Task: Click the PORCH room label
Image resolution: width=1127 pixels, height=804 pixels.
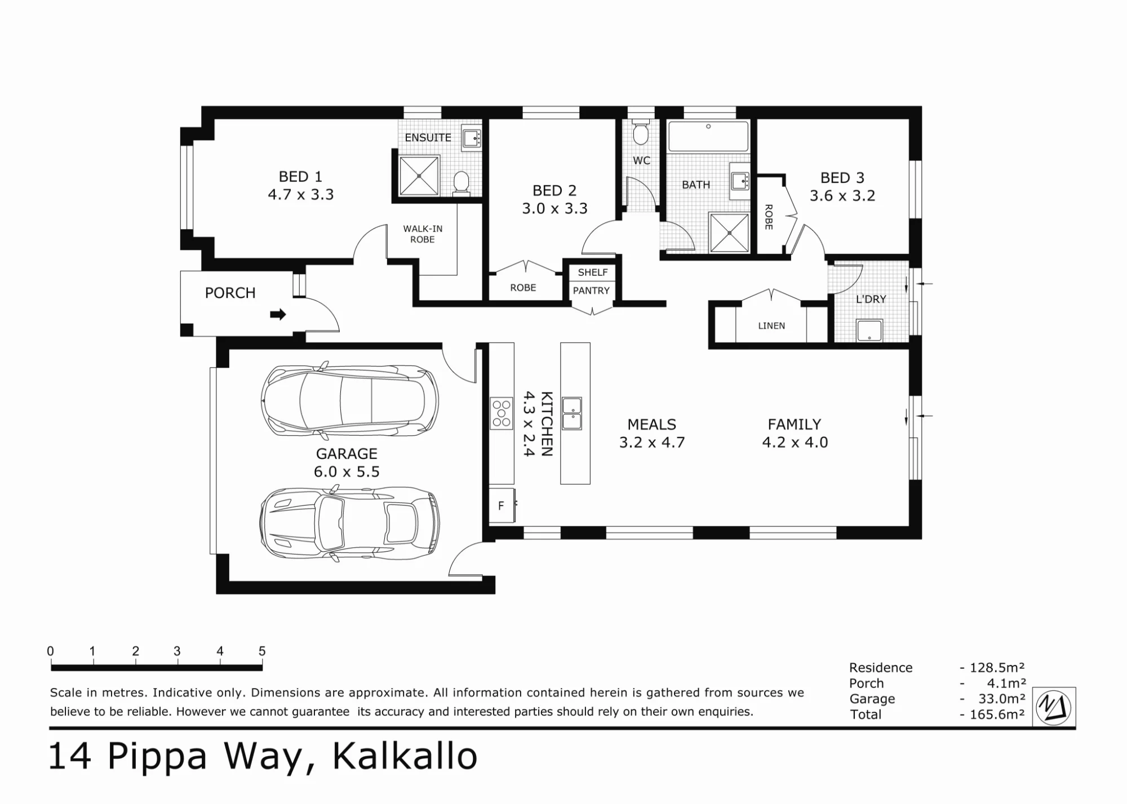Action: click(230, 293)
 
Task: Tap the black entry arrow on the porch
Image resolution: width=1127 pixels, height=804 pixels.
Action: click(278, 314)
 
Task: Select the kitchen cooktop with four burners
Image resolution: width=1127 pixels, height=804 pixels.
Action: click(501, 414)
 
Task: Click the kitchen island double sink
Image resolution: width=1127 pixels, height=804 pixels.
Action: click(571, 414)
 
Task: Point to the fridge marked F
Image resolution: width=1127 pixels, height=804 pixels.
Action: click(501, 506)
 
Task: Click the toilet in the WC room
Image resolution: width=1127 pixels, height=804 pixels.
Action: click(641, 132)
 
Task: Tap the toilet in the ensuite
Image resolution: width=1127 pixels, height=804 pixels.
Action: click(461, 183)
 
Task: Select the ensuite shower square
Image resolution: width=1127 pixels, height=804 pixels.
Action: click(419, 176)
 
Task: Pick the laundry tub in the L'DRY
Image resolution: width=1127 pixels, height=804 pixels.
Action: click(869, 330)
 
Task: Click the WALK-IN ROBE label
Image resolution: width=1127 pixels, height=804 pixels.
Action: click(423, 234)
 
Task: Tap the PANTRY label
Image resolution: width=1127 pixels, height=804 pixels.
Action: click(591, 291)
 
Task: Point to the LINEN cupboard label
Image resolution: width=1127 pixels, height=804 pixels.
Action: click(771, 325)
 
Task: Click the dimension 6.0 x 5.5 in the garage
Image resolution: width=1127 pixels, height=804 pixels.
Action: click(347, 472)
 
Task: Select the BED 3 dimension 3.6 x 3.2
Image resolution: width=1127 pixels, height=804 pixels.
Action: click(842, 196)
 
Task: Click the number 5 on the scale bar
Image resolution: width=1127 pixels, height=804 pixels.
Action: click(262, 651)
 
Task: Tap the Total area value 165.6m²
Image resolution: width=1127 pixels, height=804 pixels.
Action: click(997, 714)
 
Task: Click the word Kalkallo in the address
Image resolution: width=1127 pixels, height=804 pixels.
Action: click(405, 756)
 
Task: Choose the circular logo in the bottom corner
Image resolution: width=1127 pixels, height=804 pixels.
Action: click(1054, 708)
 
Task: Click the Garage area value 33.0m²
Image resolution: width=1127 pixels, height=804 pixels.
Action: click(1002, 699)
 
